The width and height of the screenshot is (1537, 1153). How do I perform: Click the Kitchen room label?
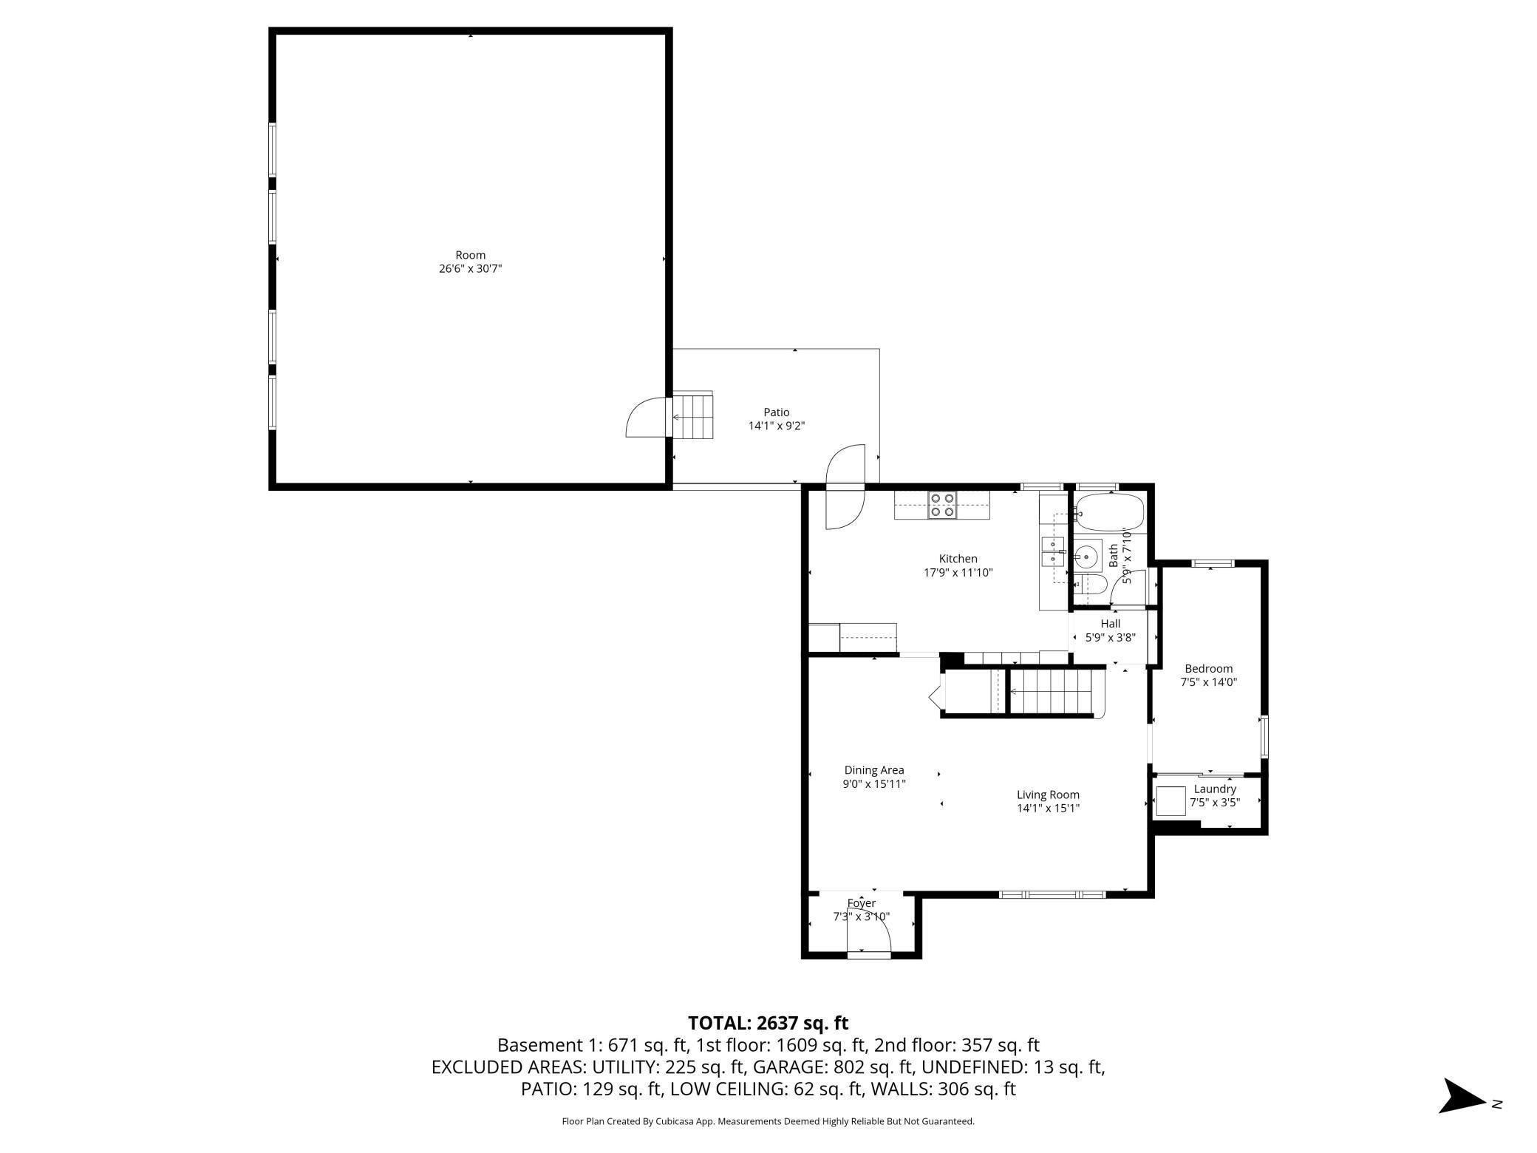coord(958,559)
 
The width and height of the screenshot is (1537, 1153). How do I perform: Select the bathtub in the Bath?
coord(1109,512)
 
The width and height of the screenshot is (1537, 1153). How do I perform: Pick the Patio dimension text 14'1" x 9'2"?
coord(776,426)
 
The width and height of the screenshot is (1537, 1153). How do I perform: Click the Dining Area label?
coord(874,770)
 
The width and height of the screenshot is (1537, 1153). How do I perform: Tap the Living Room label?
coord(1048,795)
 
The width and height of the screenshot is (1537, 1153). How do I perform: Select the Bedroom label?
coord(1208,669)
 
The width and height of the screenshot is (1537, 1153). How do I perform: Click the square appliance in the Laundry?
coord(1170,801)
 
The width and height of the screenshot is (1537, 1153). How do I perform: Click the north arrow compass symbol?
coord(1464,1096)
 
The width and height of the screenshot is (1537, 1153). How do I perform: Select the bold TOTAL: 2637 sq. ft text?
coord(768,1023)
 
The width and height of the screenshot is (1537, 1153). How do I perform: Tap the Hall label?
coord(1110,624)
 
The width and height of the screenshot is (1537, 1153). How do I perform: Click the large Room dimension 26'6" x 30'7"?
coord(470,269)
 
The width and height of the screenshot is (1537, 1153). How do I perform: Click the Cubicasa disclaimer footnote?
coord(768,1121)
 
